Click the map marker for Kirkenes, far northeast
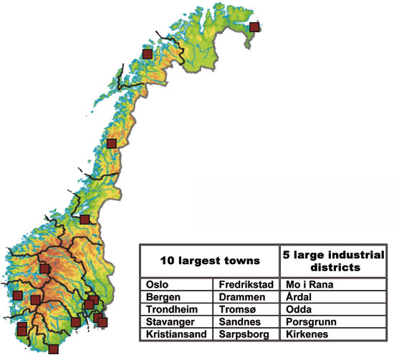[254, 27]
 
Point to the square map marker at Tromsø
[148, 54]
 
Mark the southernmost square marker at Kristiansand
[53, 350]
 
